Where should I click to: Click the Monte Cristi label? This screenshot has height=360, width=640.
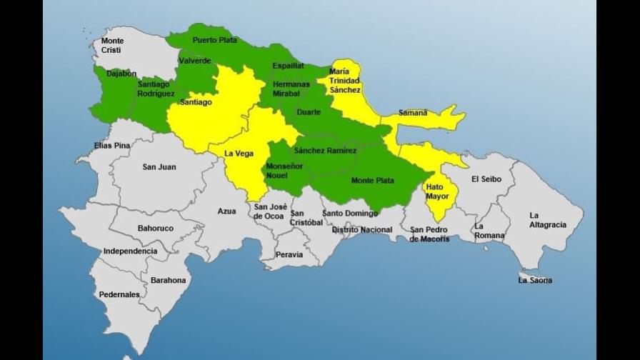112,46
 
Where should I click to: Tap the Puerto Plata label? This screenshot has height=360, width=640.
214,40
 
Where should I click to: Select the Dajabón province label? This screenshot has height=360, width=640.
121,73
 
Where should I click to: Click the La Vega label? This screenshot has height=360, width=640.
239,153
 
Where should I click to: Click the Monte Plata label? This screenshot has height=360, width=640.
372,181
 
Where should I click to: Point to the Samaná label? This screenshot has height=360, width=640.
413,113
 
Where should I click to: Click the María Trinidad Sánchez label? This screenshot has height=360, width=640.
346,81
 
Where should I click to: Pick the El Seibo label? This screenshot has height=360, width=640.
486,179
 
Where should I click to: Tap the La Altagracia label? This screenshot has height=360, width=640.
547,219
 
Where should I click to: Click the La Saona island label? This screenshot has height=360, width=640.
535,280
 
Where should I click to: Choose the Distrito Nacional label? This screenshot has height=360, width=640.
361,229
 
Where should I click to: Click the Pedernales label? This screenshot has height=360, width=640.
120,294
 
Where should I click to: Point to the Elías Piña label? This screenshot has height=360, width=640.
112,146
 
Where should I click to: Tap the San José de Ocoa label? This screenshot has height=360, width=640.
269,211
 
